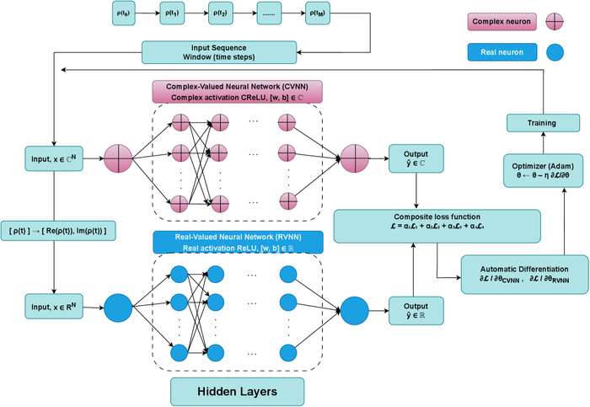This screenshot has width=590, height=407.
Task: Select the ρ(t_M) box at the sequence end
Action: (318, 14)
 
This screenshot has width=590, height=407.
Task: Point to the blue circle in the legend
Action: (556, 53)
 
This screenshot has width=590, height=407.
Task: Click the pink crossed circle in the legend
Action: (556, 20)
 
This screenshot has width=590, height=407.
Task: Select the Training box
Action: (542, 123)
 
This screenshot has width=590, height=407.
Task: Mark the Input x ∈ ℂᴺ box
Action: (53, 158)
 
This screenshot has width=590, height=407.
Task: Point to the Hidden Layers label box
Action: (236, 392)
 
